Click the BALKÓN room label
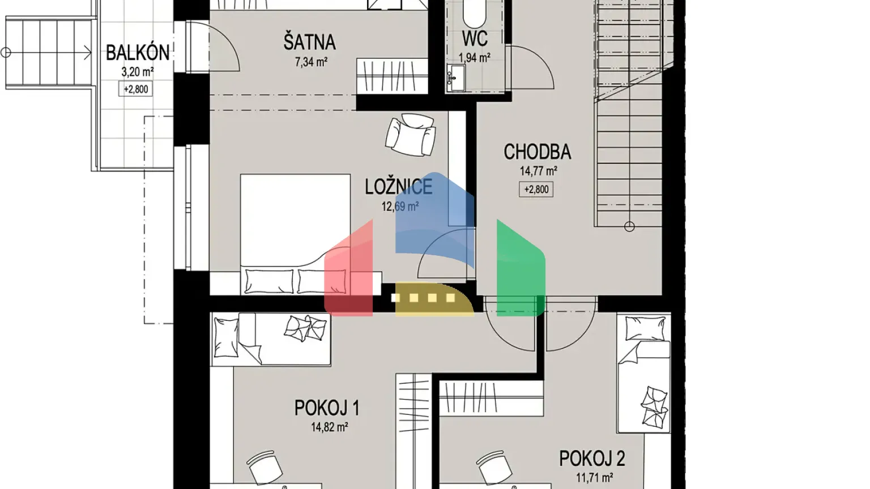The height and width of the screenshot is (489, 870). click(138, 53)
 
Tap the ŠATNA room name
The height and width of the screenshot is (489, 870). click(309, 42)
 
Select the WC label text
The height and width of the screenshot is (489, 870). click(475, 39)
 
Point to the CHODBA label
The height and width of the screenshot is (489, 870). click(537, 152)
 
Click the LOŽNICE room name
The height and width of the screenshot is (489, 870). click(398, 187)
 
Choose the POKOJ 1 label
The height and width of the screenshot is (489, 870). click(326, 408)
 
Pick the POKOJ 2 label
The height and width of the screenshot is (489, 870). click(592, 458)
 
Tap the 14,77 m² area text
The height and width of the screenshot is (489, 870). click(538, 171)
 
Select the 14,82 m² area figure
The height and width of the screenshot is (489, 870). click(329, 427)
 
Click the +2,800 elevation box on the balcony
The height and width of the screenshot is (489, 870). click(136, 89)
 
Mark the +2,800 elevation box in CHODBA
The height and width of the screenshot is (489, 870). click(536, 190)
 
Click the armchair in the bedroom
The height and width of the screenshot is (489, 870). click(411, 135)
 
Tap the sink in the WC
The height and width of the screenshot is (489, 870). click(455, 77)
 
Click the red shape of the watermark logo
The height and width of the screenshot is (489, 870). click(349, 272)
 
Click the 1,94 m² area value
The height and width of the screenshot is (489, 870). click(474, 58)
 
